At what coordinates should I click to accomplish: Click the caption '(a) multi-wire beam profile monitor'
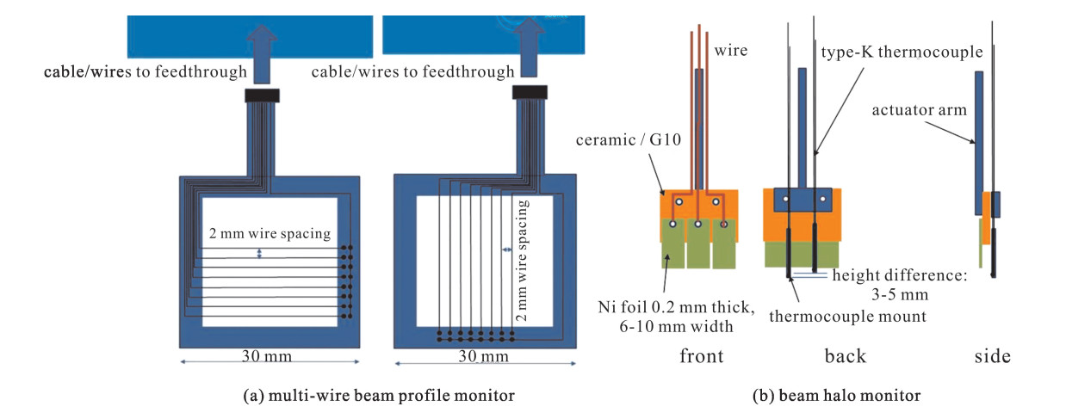(379, 396)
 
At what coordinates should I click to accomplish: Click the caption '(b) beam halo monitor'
(836, 396)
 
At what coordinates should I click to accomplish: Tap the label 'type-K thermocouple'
(902, 52)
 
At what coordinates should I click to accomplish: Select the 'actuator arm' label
(919, 110)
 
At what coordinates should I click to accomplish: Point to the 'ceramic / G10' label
(629, 140)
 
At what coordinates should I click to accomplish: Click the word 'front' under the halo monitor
(702, 355)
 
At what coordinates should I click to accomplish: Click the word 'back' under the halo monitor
(846, 355)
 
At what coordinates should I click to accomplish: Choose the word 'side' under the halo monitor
(992, 355)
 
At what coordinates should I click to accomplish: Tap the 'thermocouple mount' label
(847, 317)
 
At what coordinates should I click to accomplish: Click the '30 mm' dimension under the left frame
(267, 355)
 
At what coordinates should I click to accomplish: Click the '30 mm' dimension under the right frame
(484, 355)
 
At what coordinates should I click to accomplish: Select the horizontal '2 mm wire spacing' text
(270, 233)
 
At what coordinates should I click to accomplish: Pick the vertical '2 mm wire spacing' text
(522, 261)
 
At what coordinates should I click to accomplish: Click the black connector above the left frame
(263, 96)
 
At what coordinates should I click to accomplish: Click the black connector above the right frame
(530, 92)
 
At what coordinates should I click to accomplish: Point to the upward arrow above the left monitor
(262, 53)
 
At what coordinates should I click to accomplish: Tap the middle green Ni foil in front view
(698, 243)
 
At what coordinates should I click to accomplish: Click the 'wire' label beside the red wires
(730, 51)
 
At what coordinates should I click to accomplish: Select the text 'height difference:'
(900, 275)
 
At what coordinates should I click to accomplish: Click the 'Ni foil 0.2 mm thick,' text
(676, 307)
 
